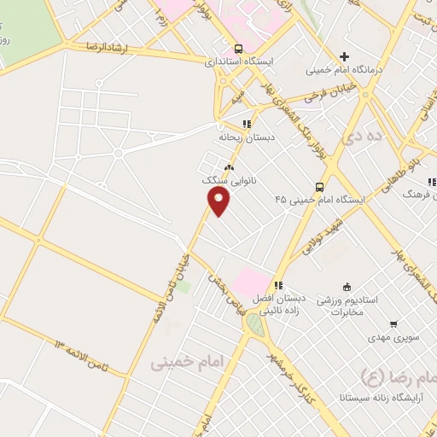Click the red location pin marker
(x=219, y=201)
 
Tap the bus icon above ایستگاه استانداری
(x=237, y=49)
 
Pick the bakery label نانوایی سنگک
(x=230, y=181)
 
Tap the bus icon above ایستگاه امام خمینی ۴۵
(x=319, y=187)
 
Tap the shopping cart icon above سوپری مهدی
(x=393, y=323)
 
